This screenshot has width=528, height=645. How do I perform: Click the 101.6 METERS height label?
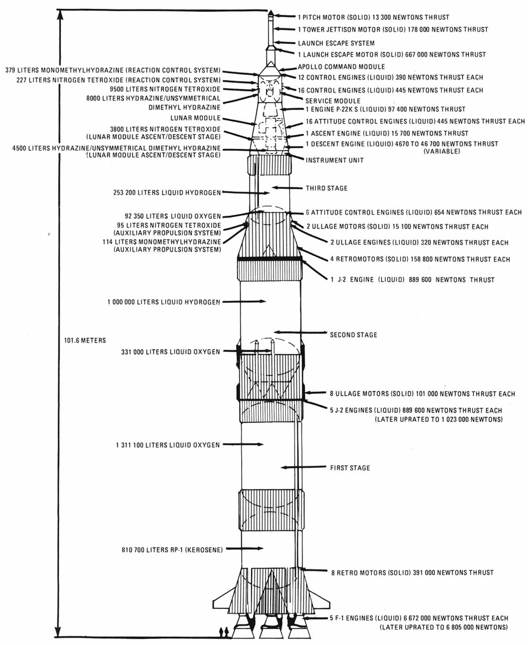tap(85, 340)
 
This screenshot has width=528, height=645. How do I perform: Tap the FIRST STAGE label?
tap(350, 468)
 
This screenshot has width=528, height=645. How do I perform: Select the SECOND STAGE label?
tap(353, 335)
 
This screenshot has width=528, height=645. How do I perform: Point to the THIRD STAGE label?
tap(327, 188)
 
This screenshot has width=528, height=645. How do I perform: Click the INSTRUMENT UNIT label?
tap(334, 160)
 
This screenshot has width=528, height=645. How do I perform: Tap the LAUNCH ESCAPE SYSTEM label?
tap(336, 43)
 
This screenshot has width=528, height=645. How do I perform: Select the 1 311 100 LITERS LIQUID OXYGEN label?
tap(168, 445)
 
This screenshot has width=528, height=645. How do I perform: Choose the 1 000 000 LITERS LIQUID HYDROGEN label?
tap(164, 302)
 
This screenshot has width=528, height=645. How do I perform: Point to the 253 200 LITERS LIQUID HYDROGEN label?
tap(167, 192)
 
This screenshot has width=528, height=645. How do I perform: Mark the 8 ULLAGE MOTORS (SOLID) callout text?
tap(422, 394)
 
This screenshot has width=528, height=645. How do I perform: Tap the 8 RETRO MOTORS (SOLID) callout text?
tap(413, 572)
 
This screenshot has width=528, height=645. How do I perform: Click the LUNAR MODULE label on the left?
tap(195, 118)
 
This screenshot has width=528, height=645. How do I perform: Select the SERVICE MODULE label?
tap(333, 100)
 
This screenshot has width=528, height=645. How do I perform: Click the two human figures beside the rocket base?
tap(223, 632)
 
